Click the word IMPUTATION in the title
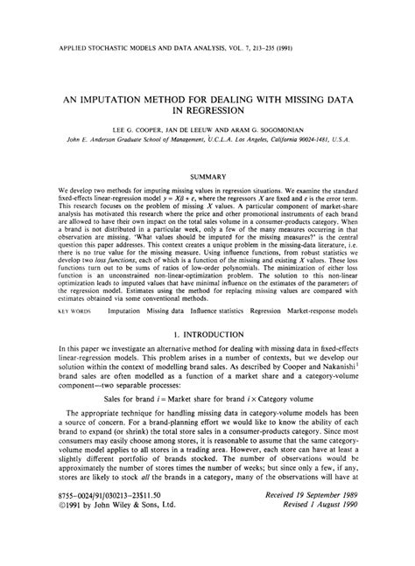(123, 100)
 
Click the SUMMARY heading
(207, 176)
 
